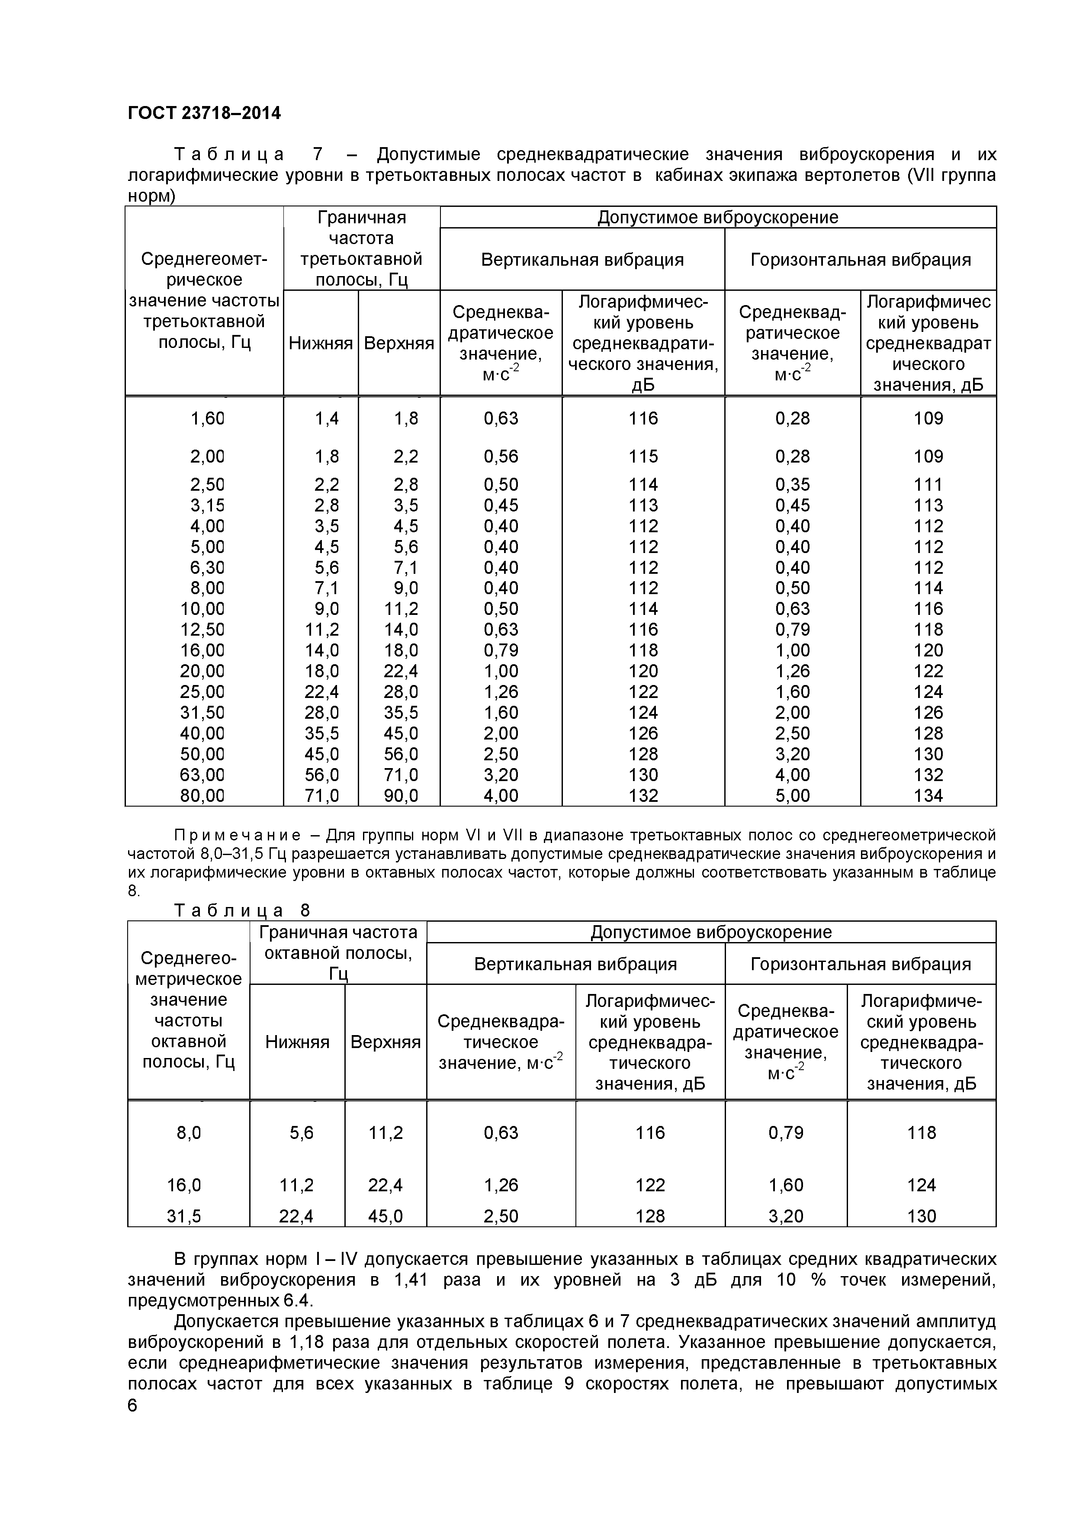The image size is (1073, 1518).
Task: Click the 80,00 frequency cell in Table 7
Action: click(202, 796)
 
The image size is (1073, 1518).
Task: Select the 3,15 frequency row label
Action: click(207, 506)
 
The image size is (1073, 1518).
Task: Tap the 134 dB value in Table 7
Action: click(928, 796)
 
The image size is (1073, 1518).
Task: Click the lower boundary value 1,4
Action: click(327, 418)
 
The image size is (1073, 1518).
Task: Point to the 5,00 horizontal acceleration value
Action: click(792, 796)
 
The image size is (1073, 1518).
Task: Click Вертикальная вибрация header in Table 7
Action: click(582, 260)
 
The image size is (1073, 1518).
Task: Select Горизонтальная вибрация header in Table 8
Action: click(860, 964)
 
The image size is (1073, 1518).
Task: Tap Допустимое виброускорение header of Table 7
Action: click(717, 218)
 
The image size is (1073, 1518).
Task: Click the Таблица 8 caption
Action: click(241, 911)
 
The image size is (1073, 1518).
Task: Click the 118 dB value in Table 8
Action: click(921, 1132)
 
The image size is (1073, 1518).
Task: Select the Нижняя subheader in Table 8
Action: click(297, 1042)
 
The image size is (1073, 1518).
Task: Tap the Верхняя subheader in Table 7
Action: click(398, 343)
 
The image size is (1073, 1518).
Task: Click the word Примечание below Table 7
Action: click(238, 836)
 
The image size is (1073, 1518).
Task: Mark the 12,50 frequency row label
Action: click(202, 630)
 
